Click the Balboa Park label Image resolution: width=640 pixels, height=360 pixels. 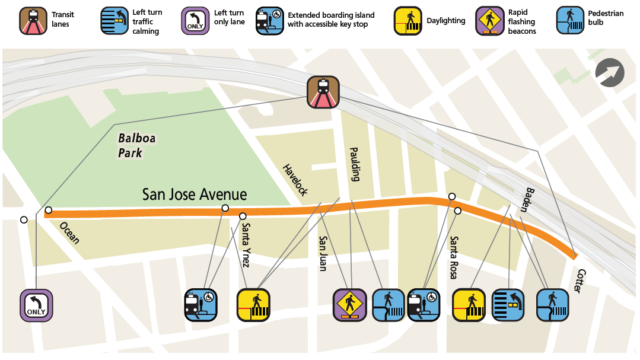click(x=136, y=145)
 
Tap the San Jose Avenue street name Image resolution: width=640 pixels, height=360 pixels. click(x=194, y=195)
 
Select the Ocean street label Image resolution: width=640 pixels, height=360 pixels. click(x=69, y=233)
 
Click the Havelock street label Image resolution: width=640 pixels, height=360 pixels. click(x=295, y=180)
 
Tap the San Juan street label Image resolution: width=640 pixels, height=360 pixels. click(x=323, y=254)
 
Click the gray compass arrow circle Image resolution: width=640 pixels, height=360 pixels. click(x=610, y=74)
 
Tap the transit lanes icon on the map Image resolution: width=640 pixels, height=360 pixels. click(x=323, y=92)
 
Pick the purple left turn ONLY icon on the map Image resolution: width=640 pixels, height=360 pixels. click(x=37, y=305)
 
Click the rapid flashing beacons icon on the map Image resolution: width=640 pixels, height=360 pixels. click(x=349, y=305)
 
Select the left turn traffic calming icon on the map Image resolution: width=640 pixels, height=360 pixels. click(x=508, y=305)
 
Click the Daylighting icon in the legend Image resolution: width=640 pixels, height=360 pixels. click(x=408, y=21)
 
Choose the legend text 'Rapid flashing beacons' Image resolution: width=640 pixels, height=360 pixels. click(x=522, y=21)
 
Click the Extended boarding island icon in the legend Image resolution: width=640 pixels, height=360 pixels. click(x=269, y=21)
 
